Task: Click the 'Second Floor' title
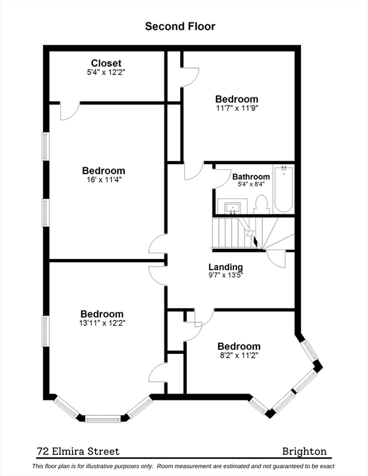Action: click(x=180, y=27)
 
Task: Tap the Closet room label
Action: click(x=106, y=63)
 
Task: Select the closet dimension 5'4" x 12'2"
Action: click(x=106, y=73)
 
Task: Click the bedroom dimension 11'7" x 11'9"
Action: click(x=236, y=108)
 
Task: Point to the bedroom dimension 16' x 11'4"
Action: click(x=104, y=180)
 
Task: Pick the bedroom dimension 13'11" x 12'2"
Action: click(x=102, y=323)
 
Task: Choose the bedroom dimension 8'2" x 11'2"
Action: click(x=239, y=355)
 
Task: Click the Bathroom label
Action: click(x=251, y=177)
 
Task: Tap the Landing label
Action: click(x=225, y=267)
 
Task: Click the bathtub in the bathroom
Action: click(x=284, y=189)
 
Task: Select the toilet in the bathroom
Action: click(x=261, y=205)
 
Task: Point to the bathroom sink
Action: click(x=233, y=207)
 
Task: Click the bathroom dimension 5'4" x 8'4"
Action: click(x=251, y=184)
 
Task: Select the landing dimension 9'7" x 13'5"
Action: click(x=225, y=275)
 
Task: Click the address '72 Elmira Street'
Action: click(x=78, y=451)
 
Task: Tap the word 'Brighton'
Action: click(x=305, y=451)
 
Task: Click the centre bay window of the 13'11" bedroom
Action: click(x=103, y=419)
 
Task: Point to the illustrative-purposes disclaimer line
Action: click(x=183, y=466)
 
